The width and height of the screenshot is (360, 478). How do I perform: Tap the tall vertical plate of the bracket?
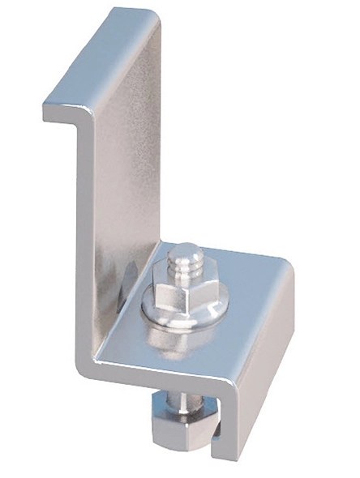pyautogui.click(x=122, y=203)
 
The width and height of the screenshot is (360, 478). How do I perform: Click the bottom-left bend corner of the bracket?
pyautogui.click(x=89, y=369)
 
